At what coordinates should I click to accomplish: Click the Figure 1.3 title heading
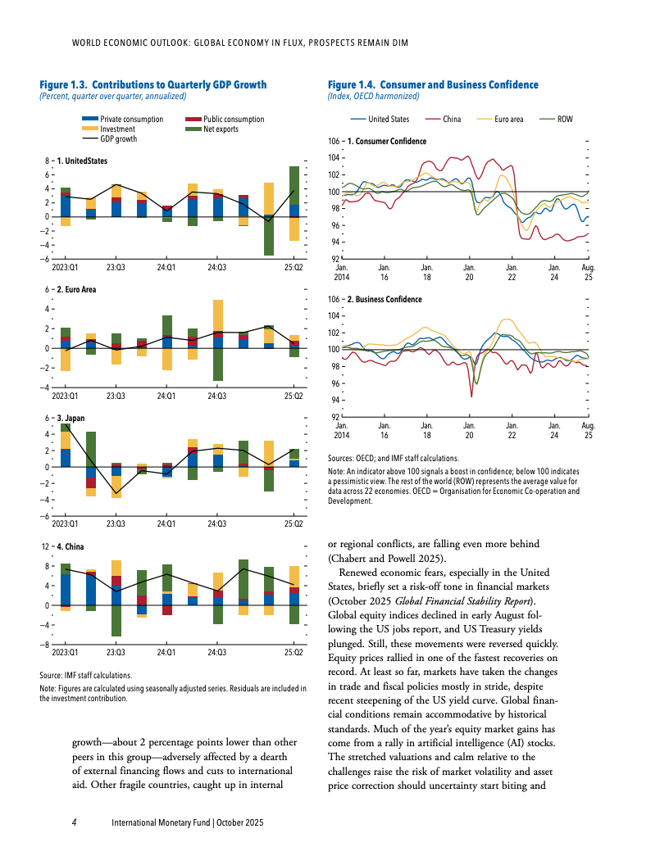[x=153, y=84]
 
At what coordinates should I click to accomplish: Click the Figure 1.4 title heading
[x=433, y=84]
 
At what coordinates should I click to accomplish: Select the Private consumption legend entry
[x=130, y=120]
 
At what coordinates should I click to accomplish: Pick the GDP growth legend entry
[x=118, y=139]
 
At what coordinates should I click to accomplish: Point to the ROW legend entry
[x=565, y=120]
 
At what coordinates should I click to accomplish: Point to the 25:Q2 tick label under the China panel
[x=293, y=652]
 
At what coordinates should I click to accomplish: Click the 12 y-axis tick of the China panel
[x=45, y=546]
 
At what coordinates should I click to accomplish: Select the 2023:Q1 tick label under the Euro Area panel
[x=66, y=396]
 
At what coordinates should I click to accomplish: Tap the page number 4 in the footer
[x=75, y=822]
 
